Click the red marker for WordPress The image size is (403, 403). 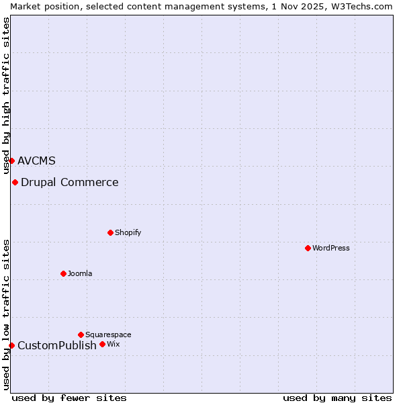(308, 248)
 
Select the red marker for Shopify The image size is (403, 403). (110, 232)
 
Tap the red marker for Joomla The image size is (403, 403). (63, 273)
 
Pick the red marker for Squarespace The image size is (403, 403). (81, 334)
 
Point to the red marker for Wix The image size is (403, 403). (102, 344)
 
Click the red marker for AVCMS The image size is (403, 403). (11, 161)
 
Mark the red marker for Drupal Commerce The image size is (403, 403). (15, 182)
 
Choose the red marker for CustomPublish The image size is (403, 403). (11, 345)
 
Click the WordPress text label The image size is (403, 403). (330, 248)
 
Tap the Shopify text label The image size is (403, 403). (128, 232)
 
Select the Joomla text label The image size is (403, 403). (80, 273)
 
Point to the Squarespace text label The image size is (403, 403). (108, 334)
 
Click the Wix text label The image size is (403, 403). (113, 344)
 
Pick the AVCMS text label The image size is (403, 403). (36, 161)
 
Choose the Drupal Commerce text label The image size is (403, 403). (69, 182)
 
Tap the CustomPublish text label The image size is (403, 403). (56, 345)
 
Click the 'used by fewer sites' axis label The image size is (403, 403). (69, 398)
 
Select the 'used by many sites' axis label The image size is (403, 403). (337, 398)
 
